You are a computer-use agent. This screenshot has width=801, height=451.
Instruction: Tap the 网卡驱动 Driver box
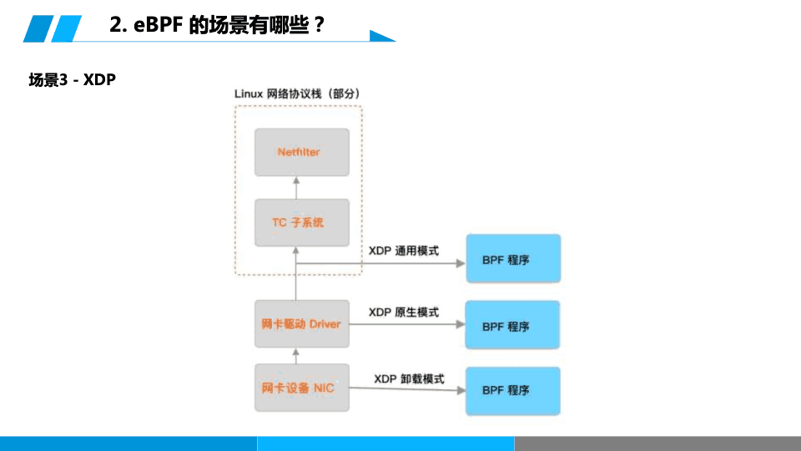pos(301,323)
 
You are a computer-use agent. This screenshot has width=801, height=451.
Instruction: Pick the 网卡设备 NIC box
pos(301,388)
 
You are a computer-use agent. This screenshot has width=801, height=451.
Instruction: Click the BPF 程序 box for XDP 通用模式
pos(512,259)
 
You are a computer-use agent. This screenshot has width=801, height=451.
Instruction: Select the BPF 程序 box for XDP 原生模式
pos(512,325)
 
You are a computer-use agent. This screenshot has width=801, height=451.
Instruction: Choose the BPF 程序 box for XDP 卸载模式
pos(512,390)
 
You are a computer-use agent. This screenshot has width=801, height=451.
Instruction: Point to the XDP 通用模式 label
pos(404,250)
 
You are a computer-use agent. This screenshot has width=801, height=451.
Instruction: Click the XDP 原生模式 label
pos(404,312)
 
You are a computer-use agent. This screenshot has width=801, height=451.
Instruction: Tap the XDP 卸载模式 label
pos(409,378)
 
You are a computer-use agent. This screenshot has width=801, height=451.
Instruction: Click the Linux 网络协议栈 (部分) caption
pos(297,94)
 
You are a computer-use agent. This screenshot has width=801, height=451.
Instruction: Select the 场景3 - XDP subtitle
pos(72,80)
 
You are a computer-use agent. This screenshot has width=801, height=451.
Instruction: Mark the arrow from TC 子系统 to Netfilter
pos(296,187)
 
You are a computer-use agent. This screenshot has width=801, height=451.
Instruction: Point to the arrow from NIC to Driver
pos(296,355)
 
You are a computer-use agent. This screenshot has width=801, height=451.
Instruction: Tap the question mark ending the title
pos(319,26)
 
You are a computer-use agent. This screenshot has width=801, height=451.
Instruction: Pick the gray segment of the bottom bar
pos(657,443)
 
